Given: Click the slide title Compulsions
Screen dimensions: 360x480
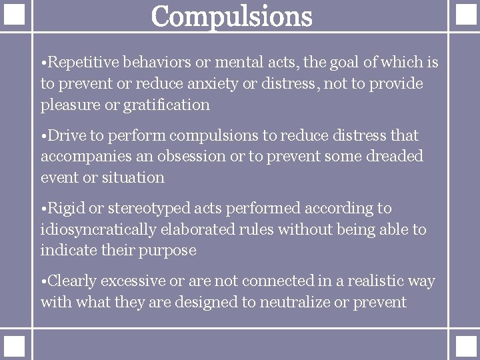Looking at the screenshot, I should (231, 16).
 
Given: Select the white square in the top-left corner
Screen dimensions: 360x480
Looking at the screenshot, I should (15, 15).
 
